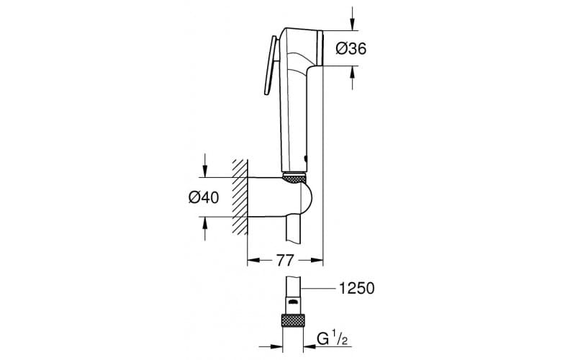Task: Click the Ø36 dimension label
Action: click(351, 49)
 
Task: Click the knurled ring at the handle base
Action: click(295, 176)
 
